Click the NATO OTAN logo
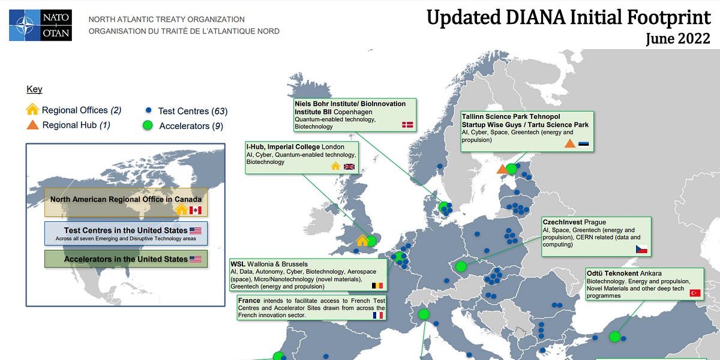[40, 25]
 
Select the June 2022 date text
[678, 39]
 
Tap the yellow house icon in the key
[33, 110]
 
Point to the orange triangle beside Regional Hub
[33, 125]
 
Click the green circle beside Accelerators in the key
[148, 125]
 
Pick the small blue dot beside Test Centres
[148, 111]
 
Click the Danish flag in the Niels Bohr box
[407, 124]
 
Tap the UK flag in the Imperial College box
[349, 166]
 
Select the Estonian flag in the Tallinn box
[584, 144]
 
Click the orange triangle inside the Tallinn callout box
[569, 143]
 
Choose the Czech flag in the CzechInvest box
[641, 248]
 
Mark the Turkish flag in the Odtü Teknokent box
[695, 293]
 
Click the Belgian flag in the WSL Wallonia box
[377, 286]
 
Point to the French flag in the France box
[377, 314]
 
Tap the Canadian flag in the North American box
[196, 210]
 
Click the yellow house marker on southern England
[362, 241]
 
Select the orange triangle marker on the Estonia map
[502, 169]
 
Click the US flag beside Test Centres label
[196, 230]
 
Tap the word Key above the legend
[34, 89]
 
